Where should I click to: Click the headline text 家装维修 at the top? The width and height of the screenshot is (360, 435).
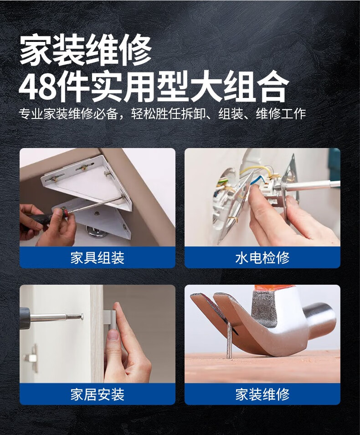(x=86, y=50)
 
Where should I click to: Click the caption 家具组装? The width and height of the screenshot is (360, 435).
(x=97, y=258)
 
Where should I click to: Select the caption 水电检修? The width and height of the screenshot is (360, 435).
(x=262, y=258)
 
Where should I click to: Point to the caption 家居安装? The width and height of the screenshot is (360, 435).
(x=97, y=394)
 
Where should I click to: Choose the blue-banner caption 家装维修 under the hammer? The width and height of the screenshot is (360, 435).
(x=262, y=394)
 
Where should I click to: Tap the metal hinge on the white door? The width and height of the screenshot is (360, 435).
(x=31, y=358)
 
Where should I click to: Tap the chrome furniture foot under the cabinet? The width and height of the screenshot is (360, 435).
(x=97, y=232)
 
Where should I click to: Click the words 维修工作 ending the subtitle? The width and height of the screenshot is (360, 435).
(x=281, y=114)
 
